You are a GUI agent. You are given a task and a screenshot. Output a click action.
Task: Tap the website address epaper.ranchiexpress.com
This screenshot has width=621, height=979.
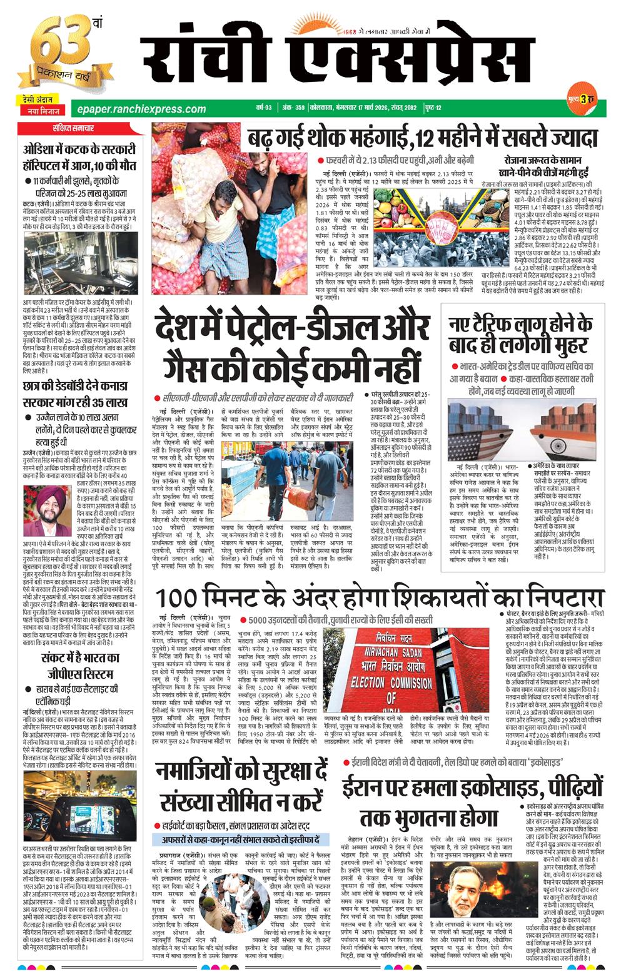click(x=138, y=108)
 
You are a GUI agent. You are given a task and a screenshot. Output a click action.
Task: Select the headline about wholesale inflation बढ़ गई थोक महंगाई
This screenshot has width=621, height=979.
click(x=423, y=137)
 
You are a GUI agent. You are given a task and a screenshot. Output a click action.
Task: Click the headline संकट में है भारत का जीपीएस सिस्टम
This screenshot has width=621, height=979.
click(x=79, y=665)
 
